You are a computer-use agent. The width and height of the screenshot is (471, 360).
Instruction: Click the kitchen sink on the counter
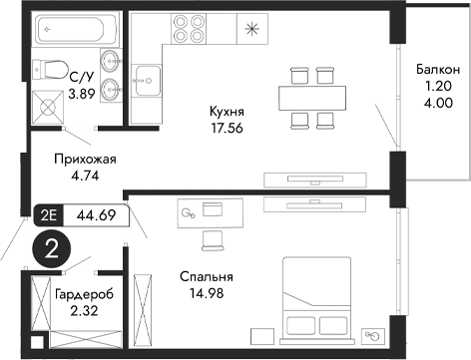click(x=149, y=77)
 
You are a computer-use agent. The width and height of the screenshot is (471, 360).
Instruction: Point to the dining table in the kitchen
click(x=309, y=96)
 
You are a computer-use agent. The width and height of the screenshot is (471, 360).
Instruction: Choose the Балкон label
click(x=438, y=69)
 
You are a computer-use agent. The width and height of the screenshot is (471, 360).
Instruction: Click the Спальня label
click(x=207, y=277)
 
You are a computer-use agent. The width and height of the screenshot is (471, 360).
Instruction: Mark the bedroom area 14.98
click(x=207, y=293)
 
